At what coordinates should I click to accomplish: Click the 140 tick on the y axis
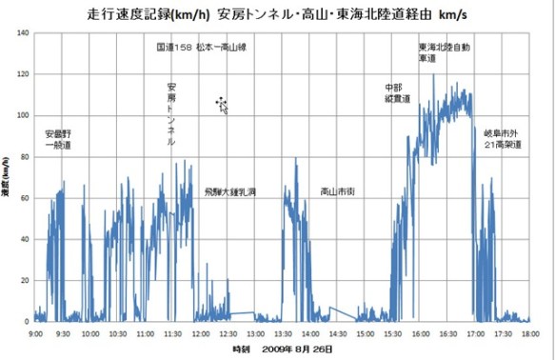(23, 32)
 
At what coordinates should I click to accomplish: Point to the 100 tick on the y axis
(23, 114)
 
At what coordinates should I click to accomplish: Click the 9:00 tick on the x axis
(35, 333)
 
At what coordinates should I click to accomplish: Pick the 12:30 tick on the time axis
(228, 333)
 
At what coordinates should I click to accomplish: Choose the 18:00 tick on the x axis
(530, 333)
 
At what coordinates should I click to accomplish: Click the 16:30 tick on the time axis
(447, 333)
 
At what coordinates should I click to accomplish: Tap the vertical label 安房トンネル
(171, 114)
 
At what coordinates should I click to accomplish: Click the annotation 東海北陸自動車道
(444, 51)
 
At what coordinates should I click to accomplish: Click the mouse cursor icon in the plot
(222, 104)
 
